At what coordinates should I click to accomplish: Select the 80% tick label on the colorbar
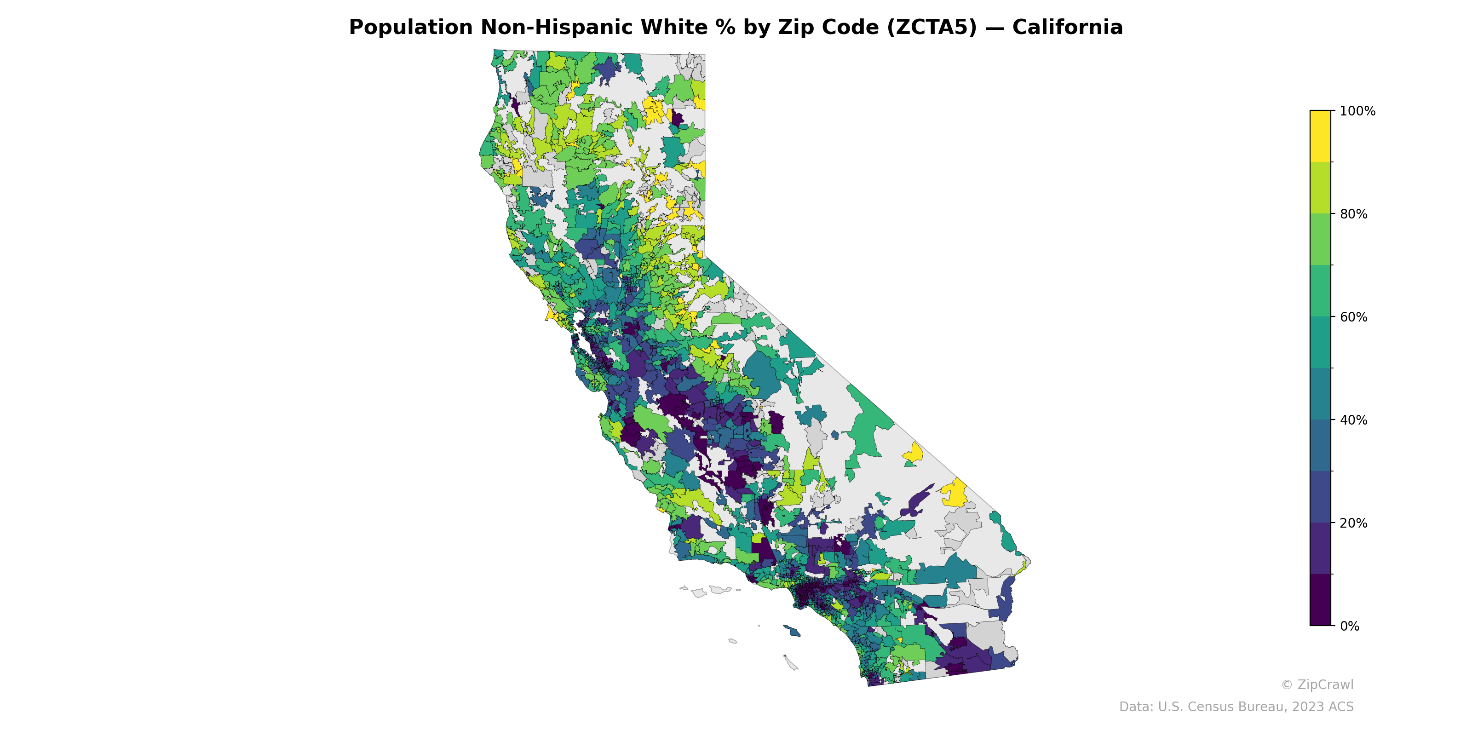click(1354, 214)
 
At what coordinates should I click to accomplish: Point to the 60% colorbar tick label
click(1354, 317)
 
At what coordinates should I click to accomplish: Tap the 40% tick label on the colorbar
click(1354, 420)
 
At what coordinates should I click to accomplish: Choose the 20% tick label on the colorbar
click(1354, 523)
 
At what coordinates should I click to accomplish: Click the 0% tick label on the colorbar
click(1350, 626)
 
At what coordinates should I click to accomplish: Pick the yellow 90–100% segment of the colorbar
click(1320, 136)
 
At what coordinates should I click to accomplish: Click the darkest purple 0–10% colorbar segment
click(1320, 600)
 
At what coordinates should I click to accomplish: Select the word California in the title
click(1067, 28)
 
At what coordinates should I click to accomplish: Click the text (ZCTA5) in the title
click(932, 28)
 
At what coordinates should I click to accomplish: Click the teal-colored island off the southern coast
click(792, 631)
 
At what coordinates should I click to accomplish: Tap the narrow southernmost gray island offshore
click(791, 663)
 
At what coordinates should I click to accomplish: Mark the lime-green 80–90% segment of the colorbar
click(1320, 187)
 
